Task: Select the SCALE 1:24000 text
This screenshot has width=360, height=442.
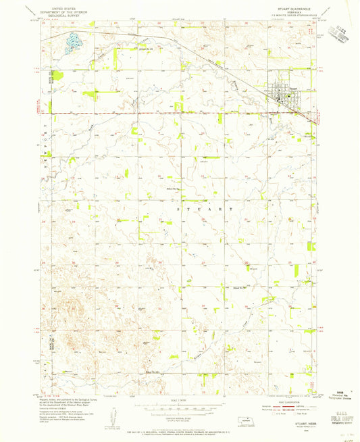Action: [179, 401]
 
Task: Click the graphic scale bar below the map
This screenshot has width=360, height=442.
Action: [179, 408]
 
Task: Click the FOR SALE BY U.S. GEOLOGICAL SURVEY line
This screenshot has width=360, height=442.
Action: [179, 423]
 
